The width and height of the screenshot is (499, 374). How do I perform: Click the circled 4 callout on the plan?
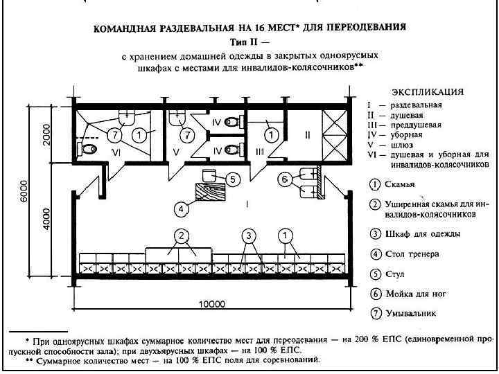180,207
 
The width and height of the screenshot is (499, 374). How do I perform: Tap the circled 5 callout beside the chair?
233,179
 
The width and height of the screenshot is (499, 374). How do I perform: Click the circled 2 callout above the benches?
181,235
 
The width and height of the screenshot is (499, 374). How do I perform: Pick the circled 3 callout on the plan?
248,235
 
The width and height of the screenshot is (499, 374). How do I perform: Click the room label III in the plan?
260,152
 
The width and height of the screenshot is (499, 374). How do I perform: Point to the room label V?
176,152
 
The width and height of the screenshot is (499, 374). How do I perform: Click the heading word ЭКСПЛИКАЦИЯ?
427,91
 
